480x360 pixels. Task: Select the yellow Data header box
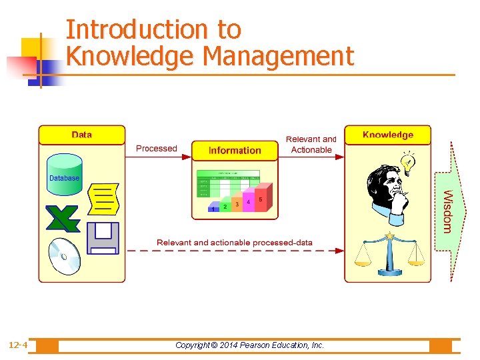(81, 135)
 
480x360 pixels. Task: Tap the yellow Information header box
(235, 151)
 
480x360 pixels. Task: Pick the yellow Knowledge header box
(387, 135)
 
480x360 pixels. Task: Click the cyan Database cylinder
(65, 174)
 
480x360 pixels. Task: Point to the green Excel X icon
(63, 219)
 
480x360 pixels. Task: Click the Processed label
(157, 148)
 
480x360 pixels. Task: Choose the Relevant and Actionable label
(311, 145)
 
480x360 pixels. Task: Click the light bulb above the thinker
(407, 161)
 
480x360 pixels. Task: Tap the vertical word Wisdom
(448, 211)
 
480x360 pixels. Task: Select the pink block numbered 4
(248, 202)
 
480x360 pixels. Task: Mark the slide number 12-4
(18, 345)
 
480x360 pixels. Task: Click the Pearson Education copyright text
(249, 345)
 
